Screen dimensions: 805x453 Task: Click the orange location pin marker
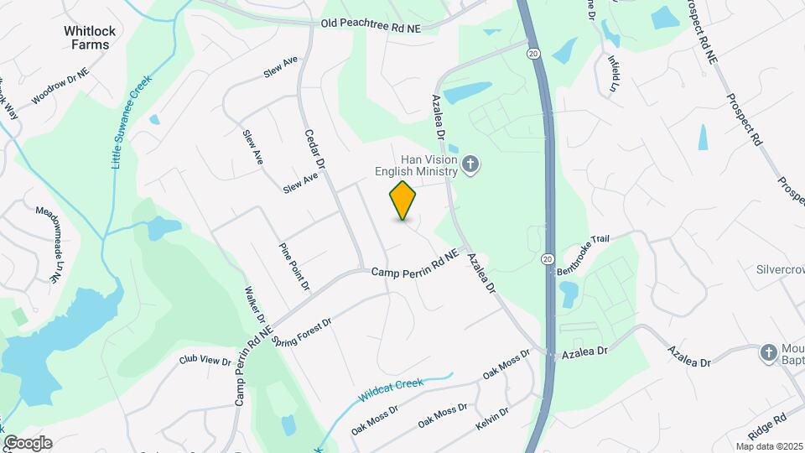[x=403, y=200]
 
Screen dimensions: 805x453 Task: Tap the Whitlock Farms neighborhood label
[x=90, y=38]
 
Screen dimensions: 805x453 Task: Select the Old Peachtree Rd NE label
[x=371, y=27]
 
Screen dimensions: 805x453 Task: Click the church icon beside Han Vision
[x=470, y=165]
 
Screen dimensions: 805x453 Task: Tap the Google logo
[x=27, y=442]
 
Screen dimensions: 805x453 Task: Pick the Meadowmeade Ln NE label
[x=49, y=240]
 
